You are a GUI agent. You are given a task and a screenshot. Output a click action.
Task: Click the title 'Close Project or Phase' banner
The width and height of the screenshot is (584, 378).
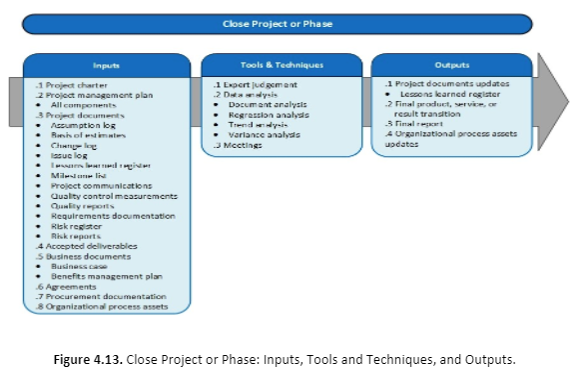[x=292, y=22]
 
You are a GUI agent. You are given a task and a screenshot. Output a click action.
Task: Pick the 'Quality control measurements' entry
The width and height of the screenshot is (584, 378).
[x=113, y=196]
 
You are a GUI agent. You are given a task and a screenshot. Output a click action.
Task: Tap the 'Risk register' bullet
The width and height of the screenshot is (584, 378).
[x=79, y=226]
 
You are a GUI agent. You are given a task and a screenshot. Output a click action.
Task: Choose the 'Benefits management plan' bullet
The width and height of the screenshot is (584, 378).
[x=106, y=276]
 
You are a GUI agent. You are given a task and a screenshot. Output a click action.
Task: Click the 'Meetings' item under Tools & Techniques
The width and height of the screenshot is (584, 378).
[x=240, y=145]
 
